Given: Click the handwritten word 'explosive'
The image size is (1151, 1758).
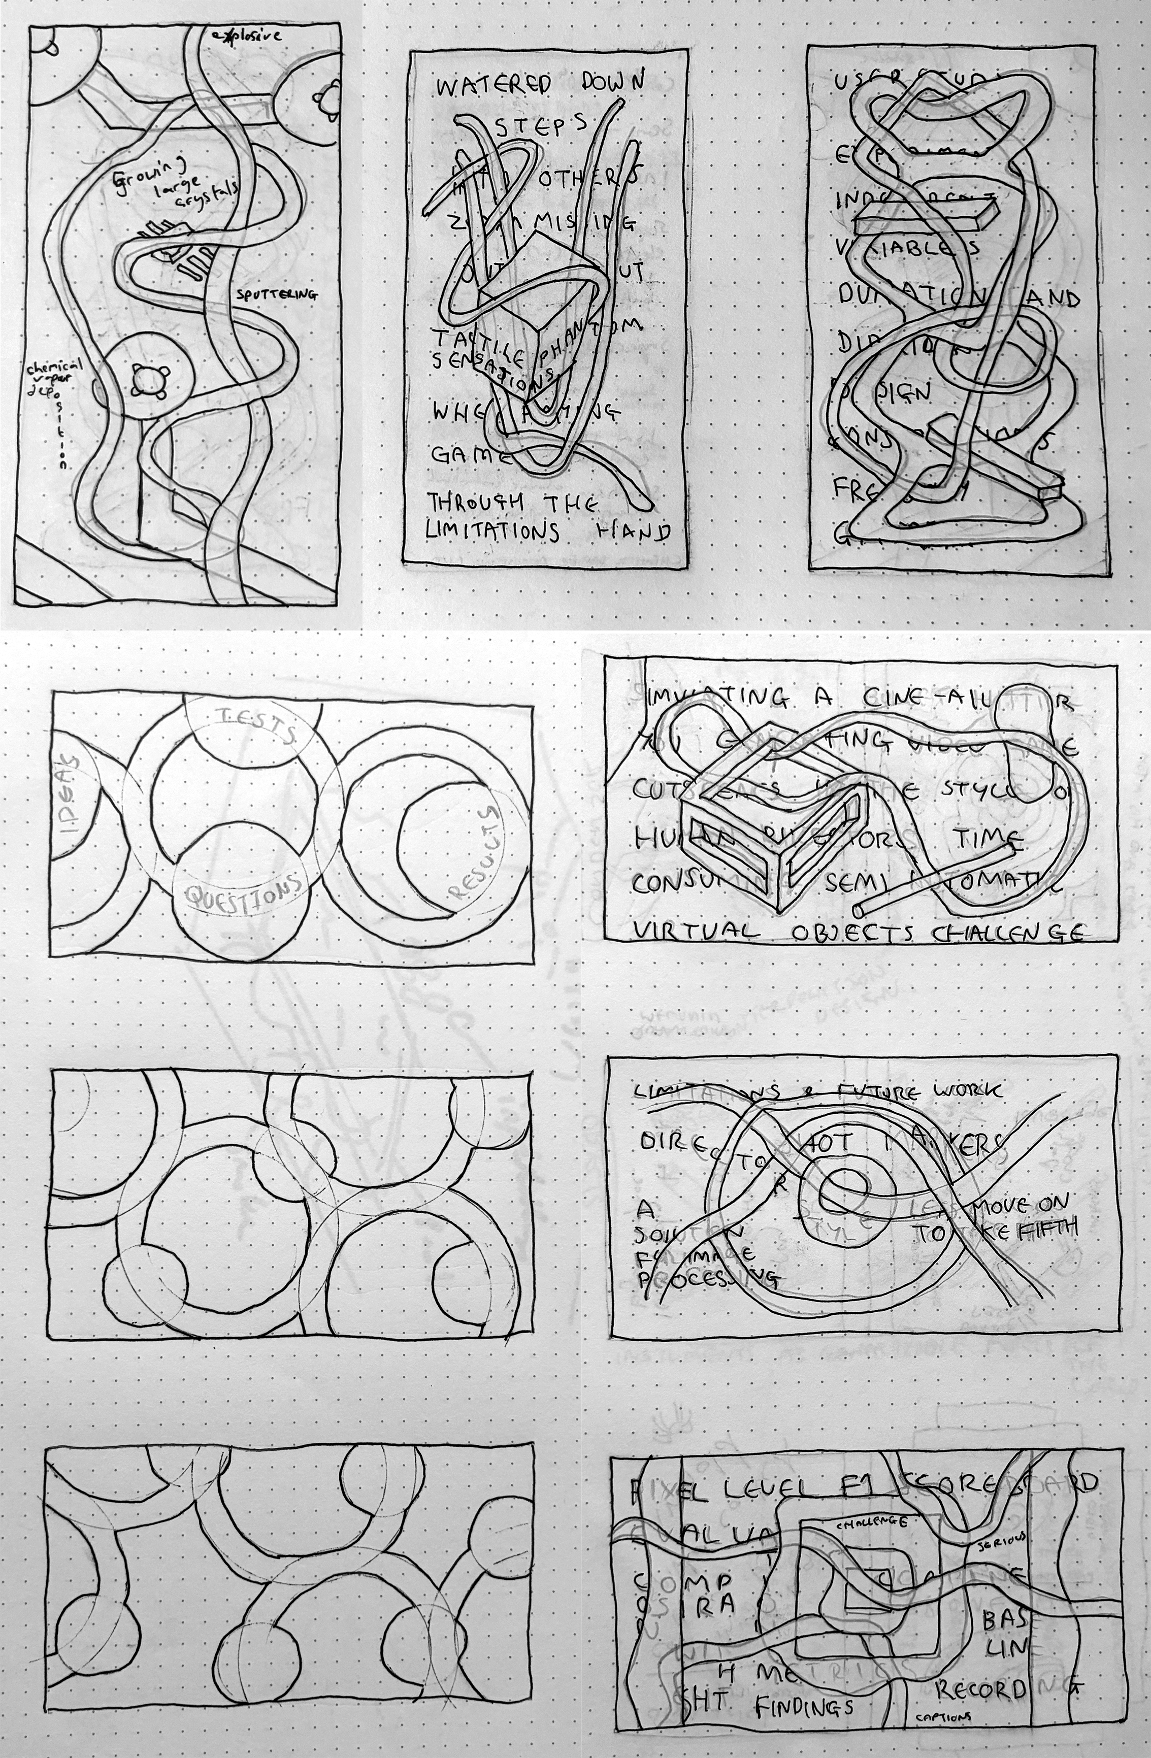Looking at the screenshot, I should point(247,35).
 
